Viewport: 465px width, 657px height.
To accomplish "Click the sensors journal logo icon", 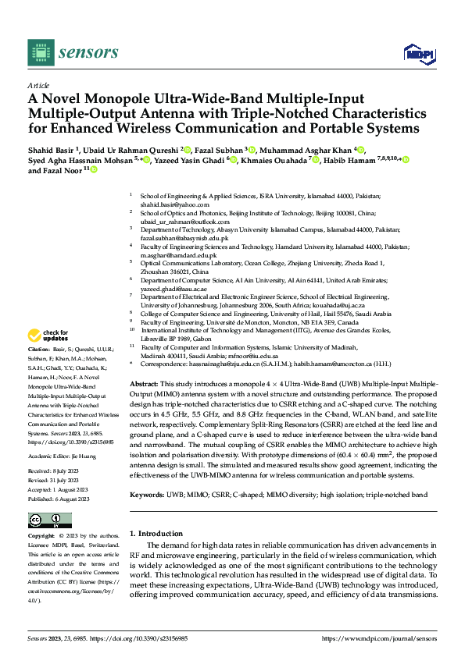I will click(x=39, y=52).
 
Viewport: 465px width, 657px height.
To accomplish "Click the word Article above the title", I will click(x=38, y=87).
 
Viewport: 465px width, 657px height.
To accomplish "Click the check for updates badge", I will click(x=49, y=336).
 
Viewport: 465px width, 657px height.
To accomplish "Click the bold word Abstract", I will click(x=143, y=385).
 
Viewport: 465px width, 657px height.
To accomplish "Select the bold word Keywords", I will click(x=146, y=495).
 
